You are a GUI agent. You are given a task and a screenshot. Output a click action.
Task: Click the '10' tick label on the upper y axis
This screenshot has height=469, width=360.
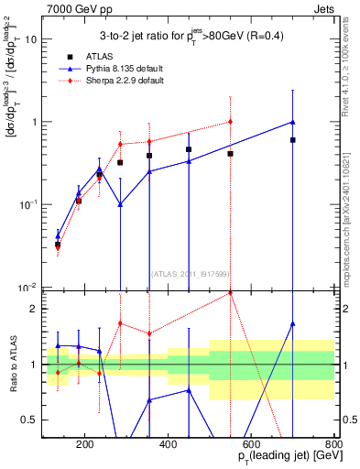pos(30,39)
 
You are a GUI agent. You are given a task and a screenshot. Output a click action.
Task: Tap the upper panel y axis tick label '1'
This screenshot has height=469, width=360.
pos(34,122)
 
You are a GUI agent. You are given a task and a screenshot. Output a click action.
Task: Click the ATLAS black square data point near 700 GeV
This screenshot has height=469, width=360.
pos(292,140)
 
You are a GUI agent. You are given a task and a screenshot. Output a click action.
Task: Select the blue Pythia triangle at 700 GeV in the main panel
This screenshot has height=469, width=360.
pos(292,122)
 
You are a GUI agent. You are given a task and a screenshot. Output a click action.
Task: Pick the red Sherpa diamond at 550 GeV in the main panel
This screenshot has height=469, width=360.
pos(230,121)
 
